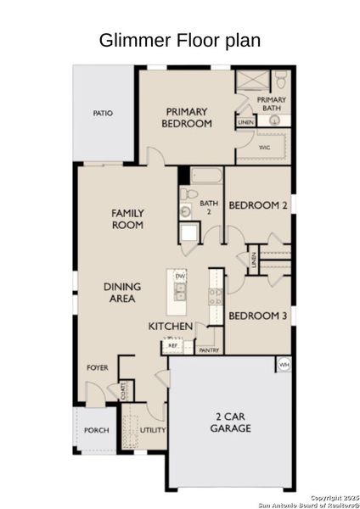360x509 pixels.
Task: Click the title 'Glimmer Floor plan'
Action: tap(179, 40)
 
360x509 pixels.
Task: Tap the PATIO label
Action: tap(103, 113)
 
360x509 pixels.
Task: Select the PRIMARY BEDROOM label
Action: tap(188, 117)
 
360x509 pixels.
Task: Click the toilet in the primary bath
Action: tap(280, 81)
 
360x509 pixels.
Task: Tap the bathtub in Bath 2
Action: tap(205, 177)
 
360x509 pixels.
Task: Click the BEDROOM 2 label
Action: tap(258, 205)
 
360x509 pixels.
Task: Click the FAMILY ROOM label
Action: tap(127, 219)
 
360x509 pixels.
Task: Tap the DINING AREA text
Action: tap(122, 293)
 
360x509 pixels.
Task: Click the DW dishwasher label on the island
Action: tap(180, 277)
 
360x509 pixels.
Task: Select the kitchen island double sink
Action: tap(180, 293)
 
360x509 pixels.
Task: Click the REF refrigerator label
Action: tap(172, 345)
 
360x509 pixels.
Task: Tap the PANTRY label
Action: tap(208, 350)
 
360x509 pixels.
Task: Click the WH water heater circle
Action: tap(284, 365)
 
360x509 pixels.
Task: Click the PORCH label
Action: tap(96, 430)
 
